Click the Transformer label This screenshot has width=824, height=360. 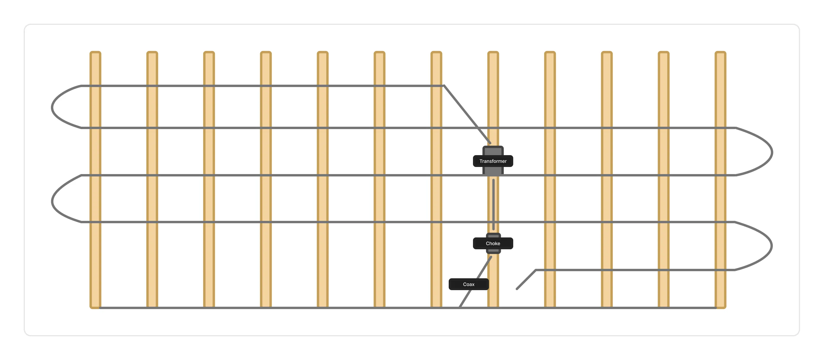493,161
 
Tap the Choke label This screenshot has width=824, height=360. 493,243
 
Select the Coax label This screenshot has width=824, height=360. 469,284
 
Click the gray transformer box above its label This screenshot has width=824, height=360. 493,151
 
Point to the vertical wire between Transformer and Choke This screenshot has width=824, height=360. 493,205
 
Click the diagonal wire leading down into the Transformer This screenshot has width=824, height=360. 467,114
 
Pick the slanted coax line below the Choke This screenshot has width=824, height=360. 475,282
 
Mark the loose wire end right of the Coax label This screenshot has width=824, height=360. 517,289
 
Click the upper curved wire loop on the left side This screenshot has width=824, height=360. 52,107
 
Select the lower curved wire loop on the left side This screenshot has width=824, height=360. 52,201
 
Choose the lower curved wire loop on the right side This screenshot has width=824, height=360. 772,246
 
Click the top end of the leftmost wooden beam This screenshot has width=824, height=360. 95,52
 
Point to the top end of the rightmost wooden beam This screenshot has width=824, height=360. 720,52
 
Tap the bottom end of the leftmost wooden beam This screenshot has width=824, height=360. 95,308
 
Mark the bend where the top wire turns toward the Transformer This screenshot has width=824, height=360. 444,86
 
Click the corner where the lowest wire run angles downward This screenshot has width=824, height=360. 536,270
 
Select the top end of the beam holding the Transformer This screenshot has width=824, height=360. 493,52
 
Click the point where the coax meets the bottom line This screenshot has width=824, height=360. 460,308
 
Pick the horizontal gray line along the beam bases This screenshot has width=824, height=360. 408,308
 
